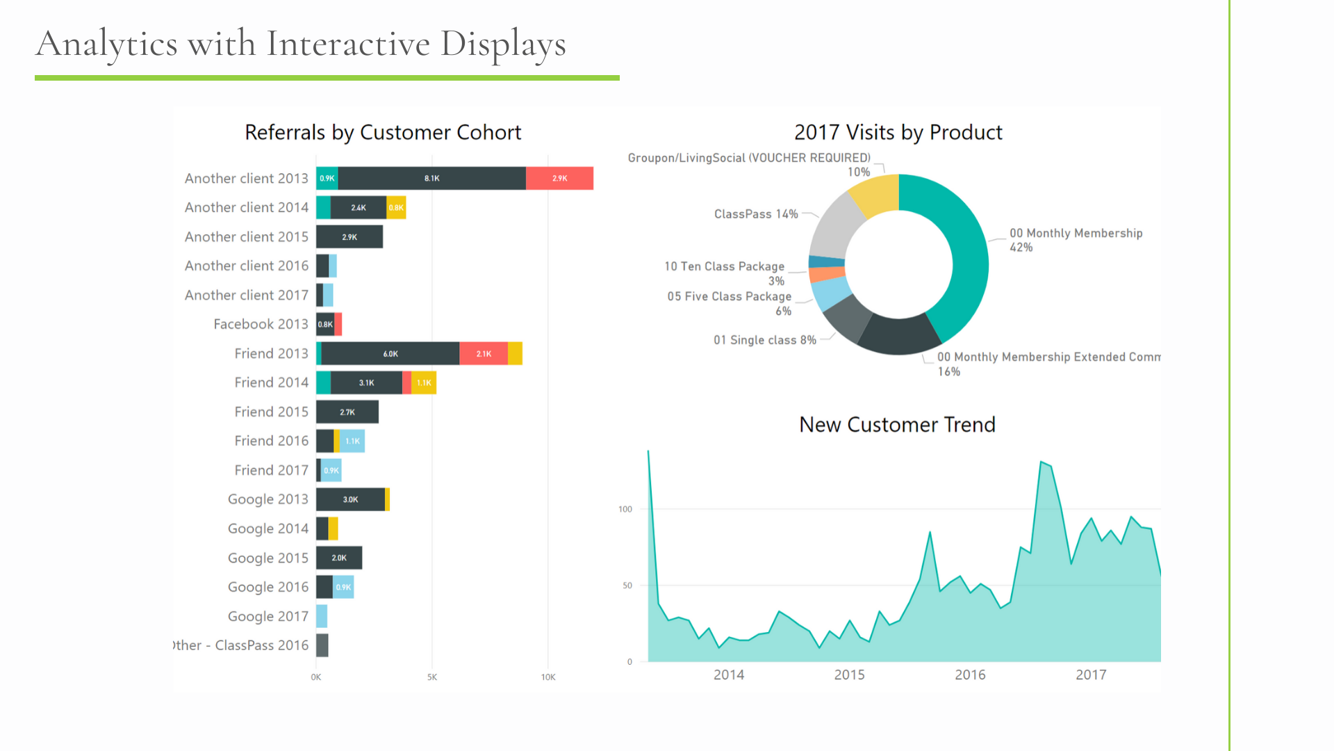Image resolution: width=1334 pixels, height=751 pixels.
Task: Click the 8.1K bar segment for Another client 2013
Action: [431, 179]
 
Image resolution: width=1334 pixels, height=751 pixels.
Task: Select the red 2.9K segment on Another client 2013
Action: [559, 179]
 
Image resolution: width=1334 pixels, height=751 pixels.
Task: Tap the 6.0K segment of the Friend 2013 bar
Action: [390, 354]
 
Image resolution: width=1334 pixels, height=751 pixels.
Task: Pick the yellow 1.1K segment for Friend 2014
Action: [424, 383]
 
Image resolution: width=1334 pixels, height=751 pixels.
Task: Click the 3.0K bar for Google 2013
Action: [350, 500]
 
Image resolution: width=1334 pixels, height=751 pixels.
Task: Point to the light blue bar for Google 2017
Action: [322, 616]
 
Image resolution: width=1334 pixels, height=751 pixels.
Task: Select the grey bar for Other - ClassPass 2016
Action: [322, 645]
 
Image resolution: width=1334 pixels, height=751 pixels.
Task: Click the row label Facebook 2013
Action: [261, 324]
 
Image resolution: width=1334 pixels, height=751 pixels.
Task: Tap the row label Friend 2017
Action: [271, 470]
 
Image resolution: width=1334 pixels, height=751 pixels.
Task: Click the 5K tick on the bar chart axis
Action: [432, 677]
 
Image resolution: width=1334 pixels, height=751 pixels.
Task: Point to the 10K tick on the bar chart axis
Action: [548, 677]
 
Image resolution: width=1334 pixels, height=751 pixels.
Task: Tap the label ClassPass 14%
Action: [756, 214]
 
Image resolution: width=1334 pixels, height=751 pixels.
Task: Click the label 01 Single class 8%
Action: [764, 340]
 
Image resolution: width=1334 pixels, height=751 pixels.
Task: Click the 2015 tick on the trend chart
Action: [849, 675]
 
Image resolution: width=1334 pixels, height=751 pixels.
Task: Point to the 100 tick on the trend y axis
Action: [625, 509]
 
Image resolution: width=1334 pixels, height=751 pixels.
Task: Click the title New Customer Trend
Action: [897, 424]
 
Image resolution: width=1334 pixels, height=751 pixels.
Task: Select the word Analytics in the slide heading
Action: [107, 44]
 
